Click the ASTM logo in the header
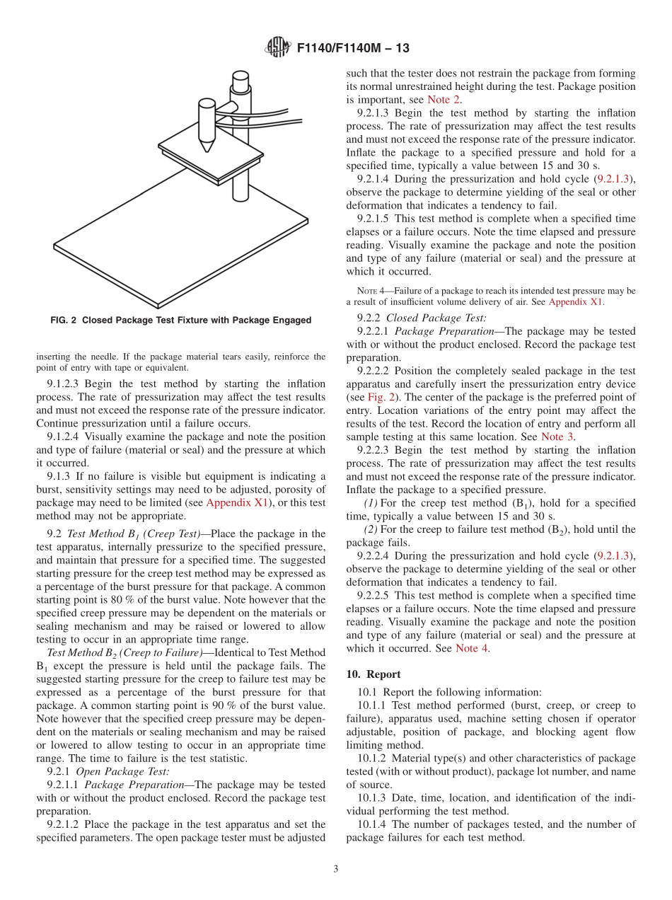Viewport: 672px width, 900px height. [x=277, y=48]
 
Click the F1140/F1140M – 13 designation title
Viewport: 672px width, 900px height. [x=353, y=49]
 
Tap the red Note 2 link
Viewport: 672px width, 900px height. [x=444, y=100]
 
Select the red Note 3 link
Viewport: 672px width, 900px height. [x=557, y=437]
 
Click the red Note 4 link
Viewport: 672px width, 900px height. [x=472, y=648]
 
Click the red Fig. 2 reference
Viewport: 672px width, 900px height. [x=381, y=397]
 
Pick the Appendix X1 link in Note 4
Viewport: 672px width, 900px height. [x=576, y=301]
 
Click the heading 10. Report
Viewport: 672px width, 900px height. [x=373, y=674]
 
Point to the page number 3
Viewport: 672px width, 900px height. [x=336, y=869]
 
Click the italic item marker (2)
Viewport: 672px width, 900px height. [x=371, y=529]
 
